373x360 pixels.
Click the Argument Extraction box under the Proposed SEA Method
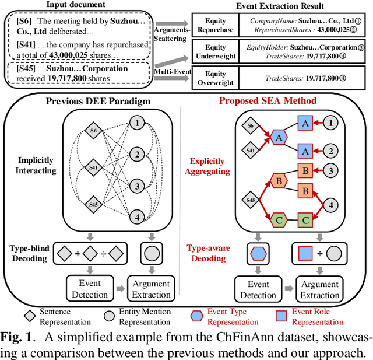320,290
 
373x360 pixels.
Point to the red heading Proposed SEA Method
268,100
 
